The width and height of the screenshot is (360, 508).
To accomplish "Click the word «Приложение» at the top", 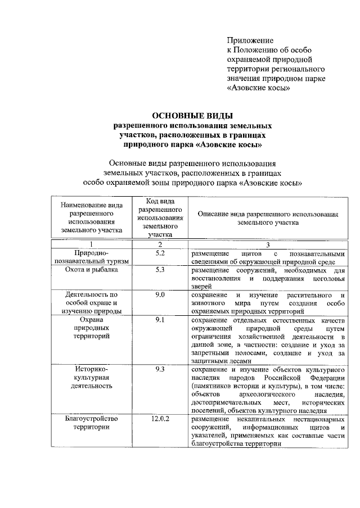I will click(250, 40).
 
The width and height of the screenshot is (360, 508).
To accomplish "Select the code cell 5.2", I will click(160, 253).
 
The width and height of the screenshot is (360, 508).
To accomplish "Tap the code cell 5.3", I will click(160, 270).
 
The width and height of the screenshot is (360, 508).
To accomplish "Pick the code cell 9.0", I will click(160, 295).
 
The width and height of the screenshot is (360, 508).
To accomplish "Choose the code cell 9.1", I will click(160, 320).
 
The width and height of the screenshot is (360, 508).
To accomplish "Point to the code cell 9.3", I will click(160, 370).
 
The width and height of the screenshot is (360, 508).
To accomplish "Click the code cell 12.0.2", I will click(160, 419).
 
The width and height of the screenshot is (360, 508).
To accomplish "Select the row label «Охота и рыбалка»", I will click(92, 270).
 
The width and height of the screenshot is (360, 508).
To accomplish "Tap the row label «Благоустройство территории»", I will click(92, 423).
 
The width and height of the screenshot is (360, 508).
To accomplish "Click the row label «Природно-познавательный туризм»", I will click(92, 257).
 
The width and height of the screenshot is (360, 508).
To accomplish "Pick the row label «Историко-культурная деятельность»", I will click(92, 378).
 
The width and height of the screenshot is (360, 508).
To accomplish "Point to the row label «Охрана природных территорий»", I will click(92, 328).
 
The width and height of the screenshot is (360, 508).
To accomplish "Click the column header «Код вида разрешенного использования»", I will click(160, 218).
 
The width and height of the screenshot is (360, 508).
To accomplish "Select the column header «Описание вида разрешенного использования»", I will click(268, 218).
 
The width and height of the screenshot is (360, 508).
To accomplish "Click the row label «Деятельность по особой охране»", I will click(92, 303).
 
